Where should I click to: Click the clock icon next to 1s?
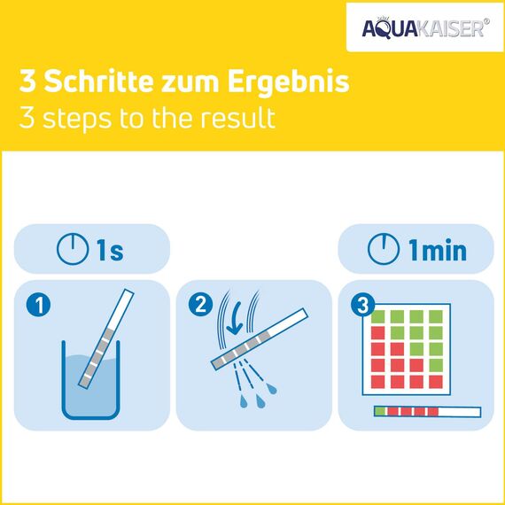[73, 250]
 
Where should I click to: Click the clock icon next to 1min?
[383, 250]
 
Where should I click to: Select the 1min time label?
[436, 250]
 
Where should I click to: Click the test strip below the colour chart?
[427, 411]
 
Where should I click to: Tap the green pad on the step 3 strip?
[381, 411]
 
